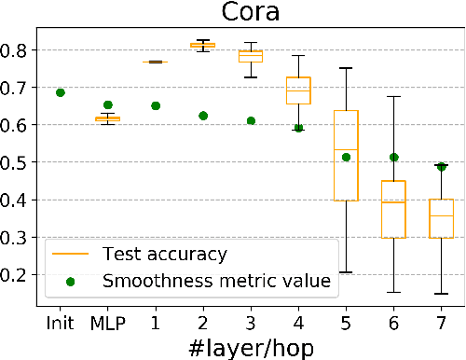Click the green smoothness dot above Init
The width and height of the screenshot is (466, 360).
tap(61, 92)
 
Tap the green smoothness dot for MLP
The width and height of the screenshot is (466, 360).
tap(108, 104)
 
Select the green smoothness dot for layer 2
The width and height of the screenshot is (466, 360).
tap(202, 116)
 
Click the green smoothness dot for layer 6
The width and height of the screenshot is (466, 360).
tap(393, 158)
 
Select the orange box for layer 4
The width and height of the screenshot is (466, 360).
tap(298, 90)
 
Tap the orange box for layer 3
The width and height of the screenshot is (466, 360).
tap(251, 56)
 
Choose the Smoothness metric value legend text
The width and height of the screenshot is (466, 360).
tap(217, 279)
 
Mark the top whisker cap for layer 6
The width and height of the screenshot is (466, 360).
tap(393, 96)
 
